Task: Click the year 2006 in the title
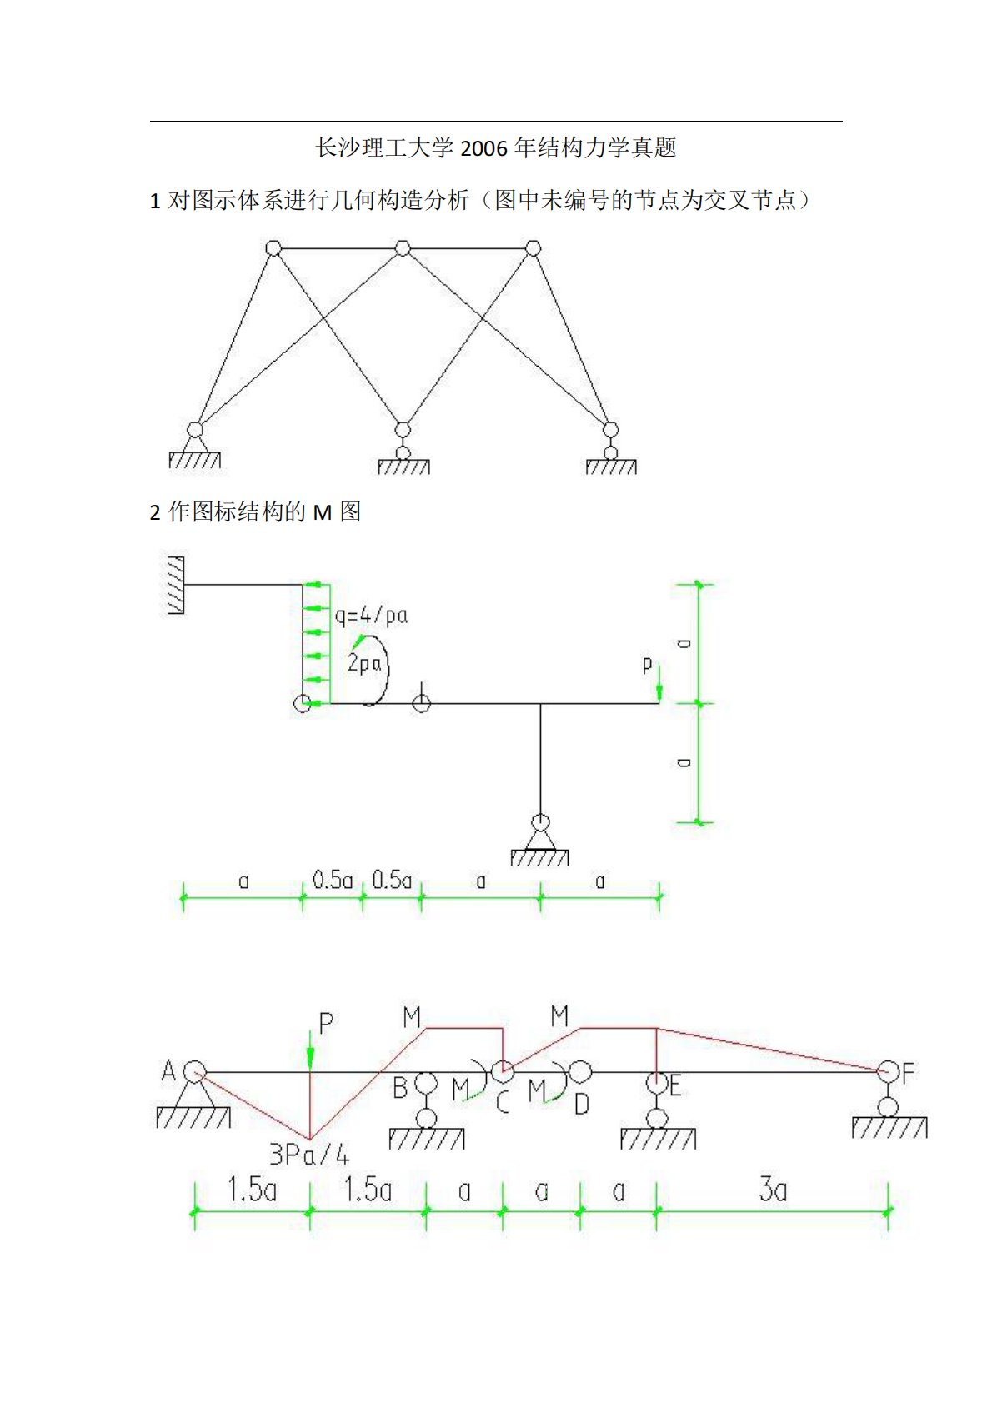tap(483, 149)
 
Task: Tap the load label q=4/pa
tap(371, 616)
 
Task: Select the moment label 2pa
tap(364, 663)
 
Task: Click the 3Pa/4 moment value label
tap(309, 1155)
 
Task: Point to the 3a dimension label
tap(773, 1190)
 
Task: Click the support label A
tap(168, 1070)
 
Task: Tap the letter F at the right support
tap(908, 1072)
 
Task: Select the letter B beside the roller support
tap(400, 1087)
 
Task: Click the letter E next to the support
tap(675, 1085)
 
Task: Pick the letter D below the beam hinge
tap(582, 1104)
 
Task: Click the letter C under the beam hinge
tap(502, 1103)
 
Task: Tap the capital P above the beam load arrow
tap(326, 1023)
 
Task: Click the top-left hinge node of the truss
tap(273, 248)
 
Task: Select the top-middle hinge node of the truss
tap(403, 248)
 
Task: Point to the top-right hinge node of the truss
tap(533, 248)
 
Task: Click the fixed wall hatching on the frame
tap(176, 586)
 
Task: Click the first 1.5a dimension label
tap(252, 1190)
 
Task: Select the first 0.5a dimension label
tap(333, 880)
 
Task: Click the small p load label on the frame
tap(647, 665)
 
